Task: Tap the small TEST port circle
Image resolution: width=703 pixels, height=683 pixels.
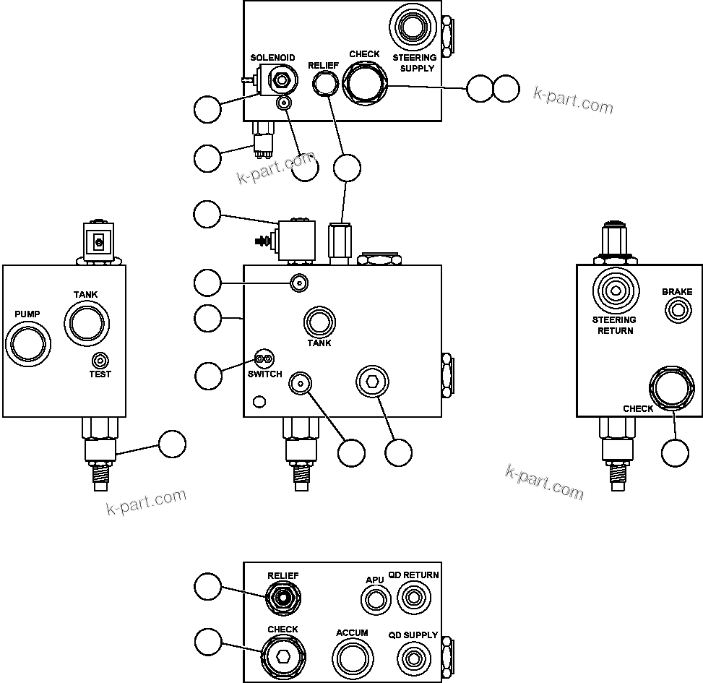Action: click(x=100, y=360)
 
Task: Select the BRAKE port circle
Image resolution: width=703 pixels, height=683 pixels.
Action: click(x=677, y=311)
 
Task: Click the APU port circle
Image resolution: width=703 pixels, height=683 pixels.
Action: click(x=374, y=599)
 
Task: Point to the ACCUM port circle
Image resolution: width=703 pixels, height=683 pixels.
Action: click(x=353, y=658)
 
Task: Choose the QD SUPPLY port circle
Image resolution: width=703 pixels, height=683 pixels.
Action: click(x=413, y=658)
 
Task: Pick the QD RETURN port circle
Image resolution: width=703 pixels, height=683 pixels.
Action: click(x=413, y=598)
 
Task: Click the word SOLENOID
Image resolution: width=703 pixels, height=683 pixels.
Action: click(x=272, y=58)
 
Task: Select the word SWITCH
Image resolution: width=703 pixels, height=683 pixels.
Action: click(x=264, y=374)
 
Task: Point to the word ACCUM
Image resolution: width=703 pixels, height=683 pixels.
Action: click(x=352, y=633)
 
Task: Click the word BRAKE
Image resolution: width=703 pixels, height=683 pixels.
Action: click(x=677, y=292)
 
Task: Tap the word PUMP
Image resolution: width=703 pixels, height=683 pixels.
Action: click(x=27, y=314)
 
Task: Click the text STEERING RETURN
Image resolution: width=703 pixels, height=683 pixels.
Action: click(x=614, y=325)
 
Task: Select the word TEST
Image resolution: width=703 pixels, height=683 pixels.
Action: click(x=100, y=374)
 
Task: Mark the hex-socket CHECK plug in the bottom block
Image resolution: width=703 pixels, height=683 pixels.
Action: click(x=283, y=657)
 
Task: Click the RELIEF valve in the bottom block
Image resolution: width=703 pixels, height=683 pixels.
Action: click(x=283, y=598)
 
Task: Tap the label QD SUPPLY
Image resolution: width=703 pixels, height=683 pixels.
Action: click(x=413, y=635)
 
